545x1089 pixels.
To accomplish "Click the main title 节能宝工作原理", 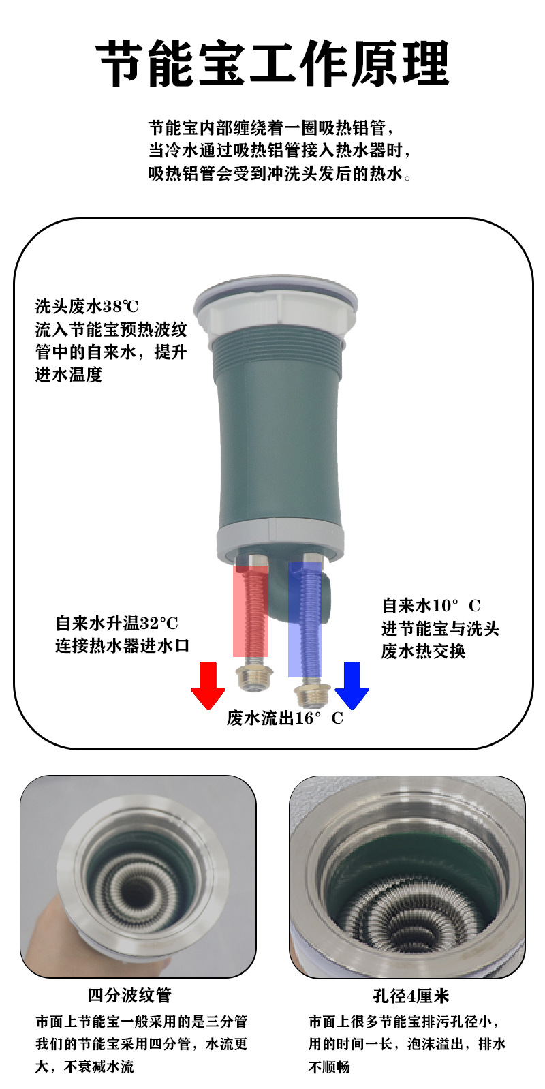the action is point(272,63).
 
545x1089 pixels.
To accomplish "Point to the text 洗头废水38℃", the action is point(87,306).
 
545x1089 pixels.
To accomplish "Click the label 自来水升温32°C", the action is point(116,623).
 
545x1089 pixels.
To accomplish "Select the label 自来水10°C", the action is point(431,605).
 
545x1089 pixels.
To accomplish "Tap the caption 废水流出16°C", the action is point(285,718).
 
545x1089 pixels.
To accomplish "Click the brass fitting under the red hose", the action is point(254,677).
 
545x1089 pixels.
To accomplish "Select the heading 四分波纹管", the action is point(129,995).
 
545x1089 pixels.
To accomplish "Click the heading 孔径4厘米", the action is point(411,996).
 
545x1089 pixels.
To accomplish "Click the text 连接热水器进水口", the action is point(122,645).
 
